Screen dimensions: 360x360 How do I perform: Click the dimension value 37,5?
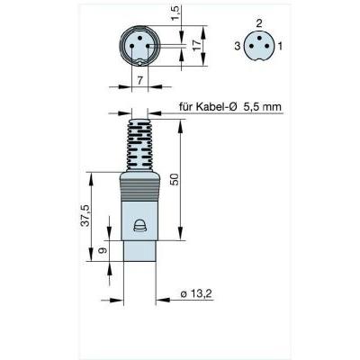(85, 215)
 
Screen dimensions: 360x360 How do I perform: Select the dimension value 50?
(175, 179)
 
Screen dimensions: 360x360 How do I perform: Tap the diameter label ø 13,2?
(196, 294)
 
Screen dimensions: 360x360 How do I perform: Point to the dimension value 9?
(103, 250)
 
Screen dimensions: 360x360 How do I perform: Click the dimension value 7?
(139, 80)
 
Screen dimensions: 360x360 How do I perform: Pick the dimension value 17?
(197, 46)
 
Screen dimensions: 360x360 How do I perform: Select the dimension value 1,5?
(177, 13)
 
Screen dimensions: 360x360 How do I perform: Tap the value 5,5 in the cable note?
(252, 107)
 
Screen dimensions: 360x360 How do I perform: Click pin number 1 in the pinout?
(280, 46)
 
